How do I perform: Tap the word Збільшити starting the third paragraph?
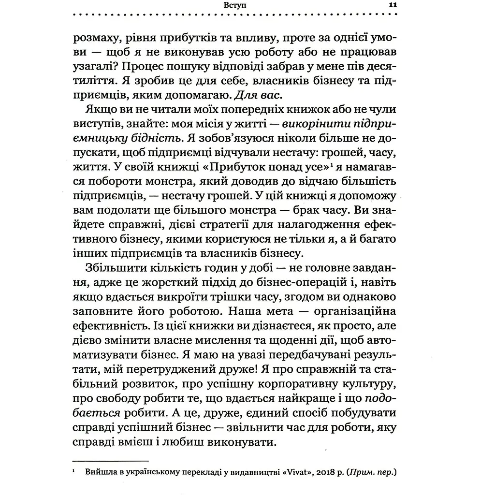113,268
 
